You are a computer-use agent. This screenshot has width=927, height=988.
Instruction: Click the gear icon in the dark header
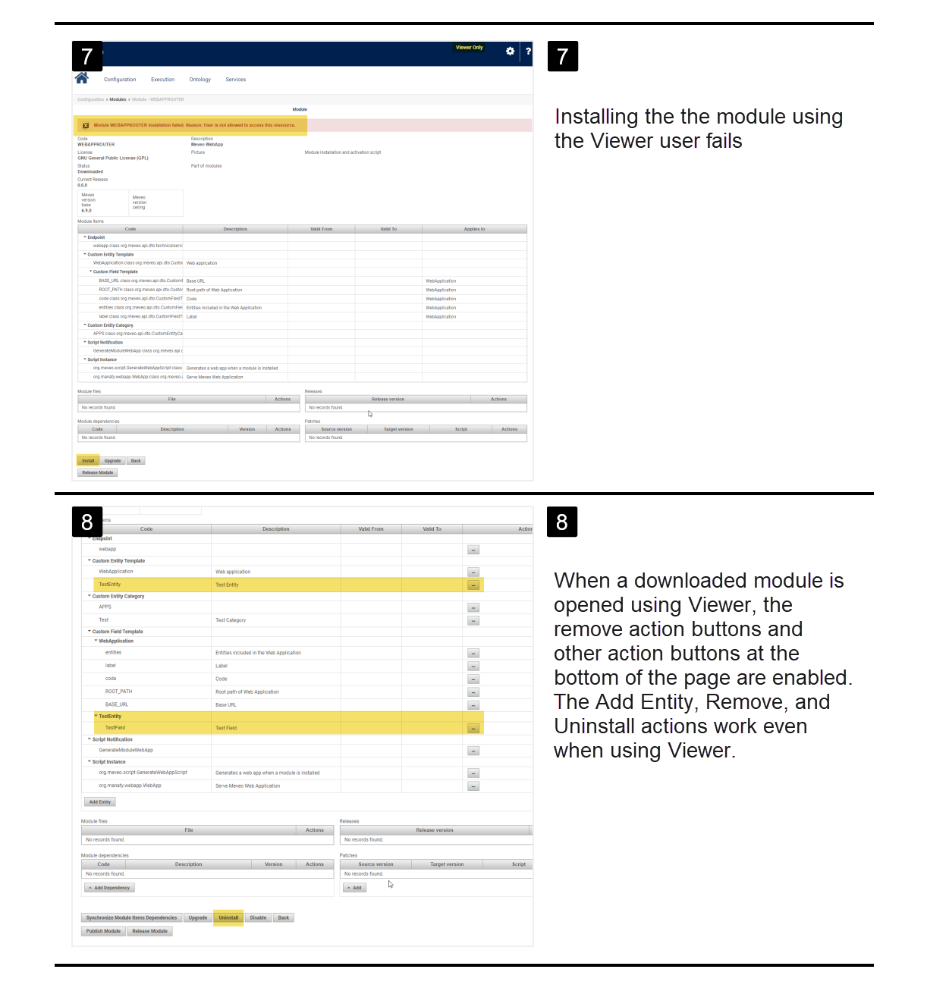tap(510, 51)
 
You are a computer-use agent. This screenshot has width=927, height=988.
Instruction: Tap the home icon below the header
tap(82, 78)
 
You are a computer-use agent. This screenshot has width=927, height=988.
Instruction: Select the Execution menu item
tap(162, 80)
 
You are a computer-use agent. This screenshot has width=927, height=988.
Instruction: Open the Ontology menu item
tap(200, 80)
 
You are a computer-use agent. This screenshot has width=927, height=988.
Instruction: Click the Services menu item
tap(236, 80)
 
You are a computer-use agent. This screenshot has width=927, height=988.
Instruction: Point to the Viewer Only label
tap(469, 48)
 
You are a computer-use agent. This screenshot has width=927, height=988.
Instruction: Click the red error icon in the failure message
tap(86, 126)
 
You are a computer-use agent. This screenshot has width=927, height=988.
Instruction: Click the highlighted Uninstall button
tap(228, 917)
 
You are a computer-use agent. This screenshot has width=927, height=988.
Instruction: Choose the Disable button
tap(258, 917)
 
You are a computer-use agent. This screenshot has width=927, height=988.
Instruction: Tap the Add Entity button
tap(99, 801)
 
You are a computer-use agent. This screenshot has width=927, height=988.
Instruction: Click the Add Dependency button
tap(110, 887)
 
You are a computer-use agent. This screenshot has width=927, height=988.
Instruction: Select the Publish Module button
tap(103, 931)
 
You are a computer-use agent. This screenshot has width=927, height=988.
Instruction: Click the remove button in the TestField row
tap(473, 729)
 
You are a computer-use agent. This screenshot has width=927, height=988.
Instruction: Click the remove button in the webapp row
tap(473, 550)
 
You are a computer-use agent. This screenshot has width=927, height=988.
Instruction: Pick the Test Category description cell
tap(231, 620)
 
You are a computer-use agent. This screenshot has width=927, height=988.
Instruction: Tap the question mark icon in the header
tap(528, 51)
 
